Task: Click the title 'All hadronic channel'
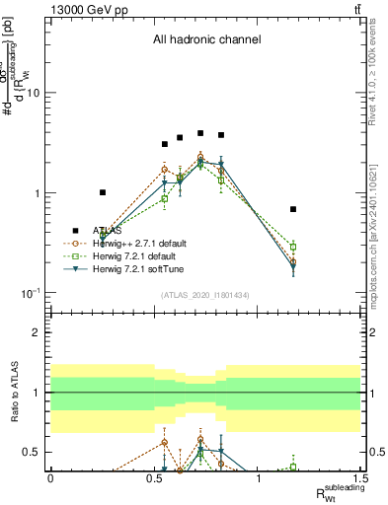point(206,40)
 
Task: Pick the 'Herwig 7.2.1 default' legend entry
point(133,255)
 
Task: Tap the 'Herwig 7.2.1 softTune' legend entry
point(136,268)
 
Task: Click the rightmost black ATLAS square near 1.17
point(293,209)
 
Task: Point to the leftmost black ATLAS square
point(103,192)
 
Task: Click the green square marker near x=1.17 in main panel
point(293,247)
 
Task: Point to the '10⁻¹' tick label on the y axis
point(31,293)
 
